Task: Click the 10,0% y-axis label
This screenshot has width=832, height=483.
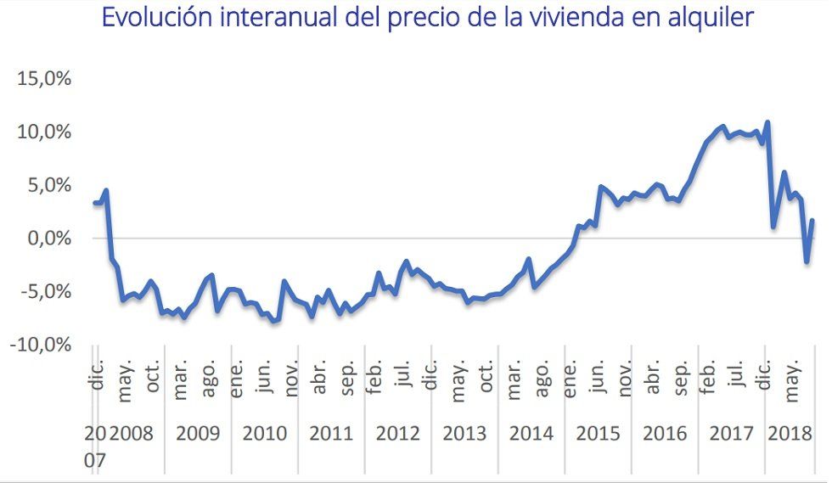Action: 43,132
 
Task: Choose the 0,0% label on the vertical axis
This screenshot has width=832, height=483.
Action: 48,239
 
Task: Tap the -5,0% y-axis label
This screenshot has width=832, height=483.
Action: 43,292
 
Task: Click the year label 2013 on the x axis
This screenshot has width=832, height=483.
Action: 464,434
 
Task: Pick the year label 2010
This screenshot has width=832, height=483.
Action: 264,434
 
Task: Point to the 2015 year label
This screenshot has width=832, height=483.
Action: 598,434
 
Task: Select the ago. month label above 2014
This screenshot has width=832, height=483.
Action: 541,377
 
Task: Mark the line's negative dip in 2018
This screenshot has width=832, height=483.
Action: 807,261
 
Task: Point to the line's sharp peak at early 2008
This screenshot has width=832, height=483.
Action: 106,190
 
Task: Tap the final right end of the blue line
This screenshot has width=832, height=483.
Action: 812,221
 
